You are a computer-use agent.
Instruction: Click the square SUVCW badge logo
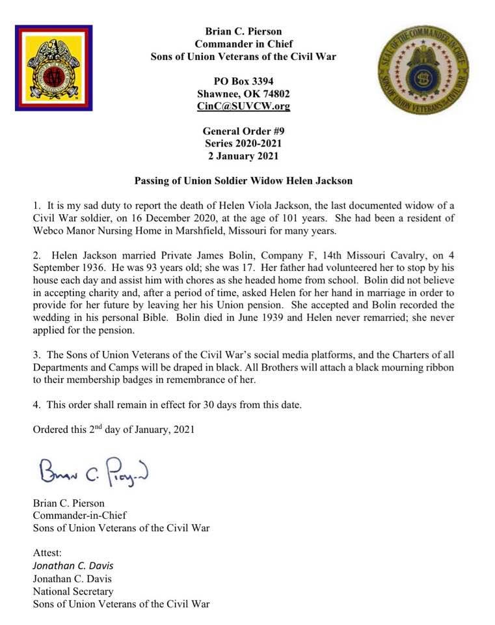coord(53,68)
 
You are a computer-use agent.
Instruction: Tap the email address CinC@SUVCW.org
coord(243,106)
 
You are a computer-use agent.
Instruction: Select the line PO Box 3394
coord(243,81)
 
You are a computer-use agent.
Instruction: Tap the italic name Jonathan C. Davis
coord(73,566)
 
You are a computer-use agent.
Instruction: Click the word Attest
coord(47,553)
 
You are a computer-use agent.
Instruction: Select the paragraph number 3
coord(36,355)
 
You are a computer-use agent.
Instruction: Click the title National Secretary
coord(73,592)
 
